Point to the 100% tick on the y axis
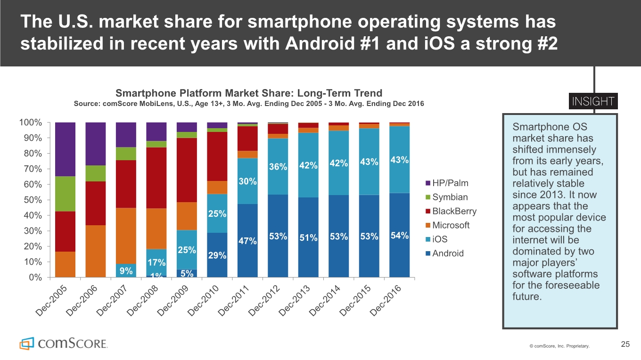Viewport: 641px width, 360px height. click(30, 123)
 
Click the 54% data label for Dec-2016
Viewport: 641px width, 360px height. click(399, 236)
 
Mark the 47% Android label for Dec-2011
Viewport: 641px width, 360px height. click(247, 241)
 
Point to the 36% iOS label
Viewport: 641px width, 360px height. click(278, 167)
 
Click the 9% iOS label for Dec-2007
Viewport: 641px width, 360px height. click(126, 270)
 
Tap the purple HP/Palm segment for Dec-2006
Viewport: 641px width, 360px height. click(96, 144)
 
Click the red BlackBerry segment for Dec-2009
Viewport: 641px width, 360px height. click(187, 170)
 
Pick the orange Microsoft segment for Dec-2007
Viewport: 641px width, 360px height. click(126, 236)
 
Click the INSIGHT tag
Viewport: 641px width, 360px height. click(593, 102)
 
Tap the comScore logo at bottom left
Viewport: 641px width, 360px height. click(63, 343)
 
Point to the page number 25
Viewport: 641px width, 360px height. click(625, 344)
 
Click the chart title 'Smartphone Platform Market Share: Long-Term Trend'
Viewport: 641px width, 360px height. click(249, 93)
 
